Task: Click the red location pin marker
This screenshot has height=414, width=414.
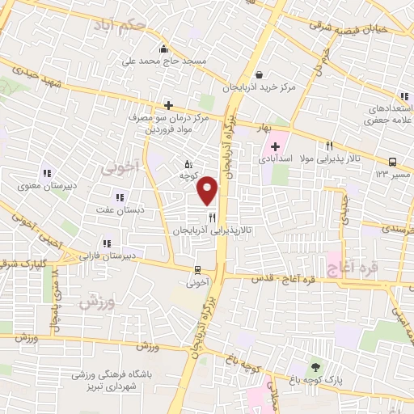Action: coord(208,190)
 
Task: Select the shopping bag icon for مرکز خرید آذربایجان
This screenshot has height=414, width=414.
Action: coord(257,74)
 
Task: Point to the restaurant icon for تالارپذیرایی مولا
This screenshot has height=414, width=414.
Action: coord(329,146)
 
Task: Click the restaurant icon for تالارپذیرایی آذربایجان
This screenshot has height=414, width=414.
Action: coord(212,217)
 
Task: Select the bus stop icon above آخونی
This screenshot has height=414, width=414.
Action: coord(198,270)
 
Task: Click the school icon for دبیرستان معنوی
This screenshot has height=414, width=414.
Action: coord(47,171)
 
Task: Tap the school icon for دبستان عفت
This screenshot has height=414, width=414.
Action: coord(120,197)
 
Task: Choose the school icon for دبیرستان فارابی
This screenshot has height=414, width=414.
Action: coord(106,243)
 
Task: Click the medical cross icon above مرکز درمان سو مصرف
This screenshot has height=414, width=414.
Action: coord(168,104)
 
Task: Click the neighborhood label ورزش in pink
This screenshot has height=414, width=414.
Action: coord(95,303)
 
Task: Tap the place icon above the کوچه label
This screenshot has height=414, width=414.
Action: coord(188,165)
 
